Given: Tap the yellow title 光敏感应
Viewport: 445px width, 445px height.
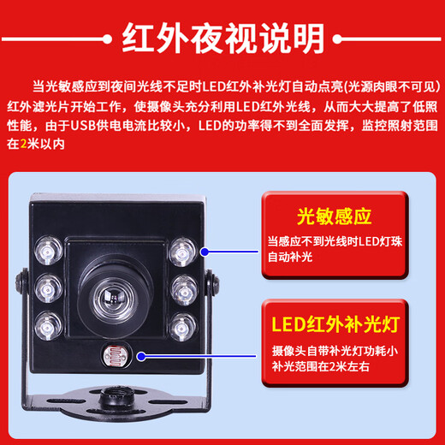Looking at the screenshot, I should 323,213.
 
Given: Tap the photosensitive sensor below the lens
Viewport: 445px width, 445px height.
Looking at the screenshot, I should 112,352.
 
